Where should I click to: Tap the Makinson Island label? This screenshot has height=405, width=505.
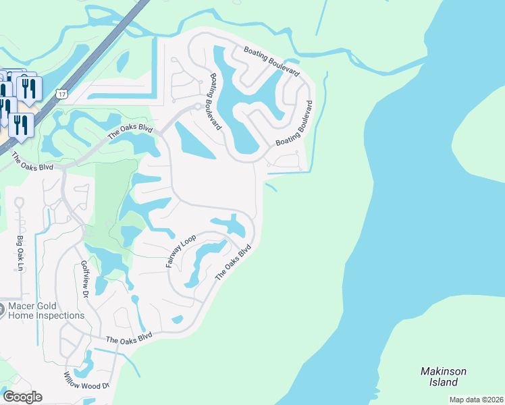pyautogui.click(x=443, y=377)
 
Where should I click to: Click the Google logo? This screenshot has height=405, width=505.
pyautogui.click(x=22, y=396)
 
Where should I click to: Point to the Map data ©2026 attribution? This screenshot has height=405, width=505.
pyautogui.click(x=476, y=400)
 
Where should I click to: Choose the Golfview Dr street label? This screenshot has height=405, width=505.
pyautogui.click(x=85, y=279)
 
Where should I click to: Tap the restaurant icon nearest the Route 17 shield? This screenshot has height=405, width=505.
pyautogui.click(x=29, y=88)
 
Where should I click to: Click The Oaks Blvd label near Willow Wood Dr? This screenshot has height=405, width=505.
pyautogui.click(x=129, y=338)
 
